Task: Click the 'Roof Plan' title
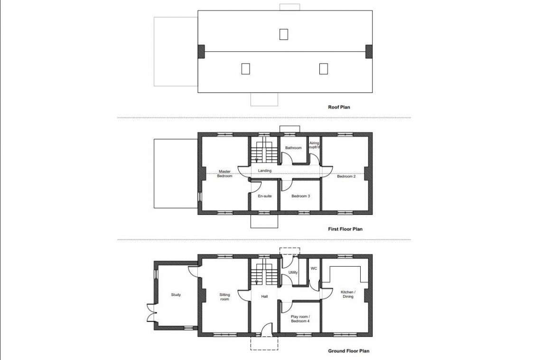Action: (x=339, y=107)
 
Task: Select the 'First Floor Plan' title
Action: (x=345, y=229)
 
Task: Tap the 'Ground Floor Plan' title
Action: (x=348, y=351)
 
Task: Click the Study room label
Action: (x=176, y=295)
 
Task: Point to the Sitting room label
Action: (x=224, y=297)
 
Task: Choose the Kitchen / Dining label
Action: (x=348, y=294)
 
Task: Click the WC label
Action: (x=314, y=268)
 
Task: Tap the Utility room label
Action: (x=293, y=272)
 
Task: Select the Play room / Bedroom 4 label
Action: (x=300, y=319)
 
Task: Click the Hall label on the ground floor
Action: (x=264, y=296)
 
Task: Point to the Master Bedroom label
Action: (x=224, y=174)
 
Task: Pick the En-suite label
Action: (x=265, y=196)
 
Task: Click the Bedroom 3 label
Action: (x=300, y=196)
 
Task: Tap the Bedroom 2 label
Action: (x=346, y=176)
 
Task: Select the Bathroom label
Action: (x=293, y=148)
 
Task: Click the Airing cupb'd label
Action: (x=314, y=145)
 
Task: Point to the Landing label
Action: (x=265, y=171)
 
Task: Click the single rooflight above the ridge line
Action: (x=284, y=34)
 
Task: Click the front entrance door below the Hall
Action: (x=267, y=329)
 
